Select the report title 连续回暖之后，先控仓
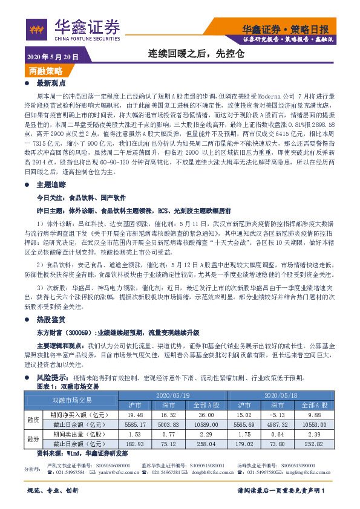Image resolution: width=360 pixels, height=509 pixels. coord(197,54)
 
